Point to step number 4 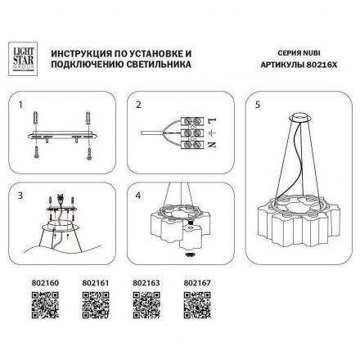click(139, 196)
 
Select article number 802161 click(96, 283)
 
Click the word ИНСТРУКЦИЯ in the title click(79, 50)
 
